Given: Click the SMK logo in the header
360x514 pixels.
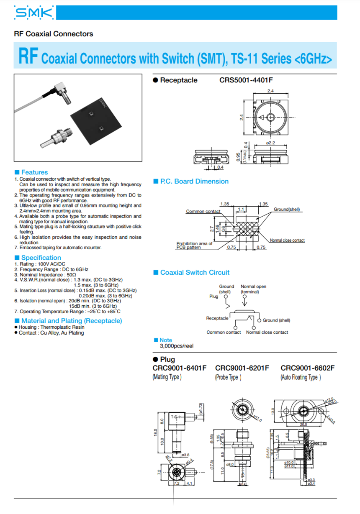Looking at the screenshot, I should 34,13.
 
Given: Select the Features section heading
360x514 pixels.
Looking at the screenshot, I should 34,172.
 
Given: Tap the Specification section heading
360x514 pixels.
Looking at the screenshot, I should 41,258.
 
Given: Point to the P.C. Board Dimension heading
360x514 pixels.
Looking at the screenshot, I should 194,182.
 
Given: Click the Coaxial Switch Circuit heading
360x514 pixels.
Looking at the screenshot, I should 195,273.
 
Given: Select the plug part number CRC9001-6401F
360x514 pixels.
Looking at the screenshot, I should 180,368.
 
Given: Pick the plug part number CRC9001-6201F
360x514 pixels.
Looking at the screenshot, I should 242,368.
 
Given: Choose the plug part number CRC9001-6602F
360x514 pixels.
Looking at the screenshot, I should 308,368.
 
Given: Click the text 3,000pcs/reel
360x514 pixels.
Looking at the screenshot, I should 177,346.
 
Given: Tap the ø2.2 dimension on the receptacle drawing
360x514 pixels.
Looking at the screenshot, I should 270,143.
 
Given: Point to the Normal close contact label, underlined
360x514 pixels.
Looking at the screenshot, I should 287,240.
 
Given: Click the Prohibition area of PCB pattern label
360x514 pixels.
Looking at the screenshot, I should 194,245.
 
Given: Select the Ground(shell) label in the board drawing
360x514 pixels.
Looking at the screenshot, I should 287,209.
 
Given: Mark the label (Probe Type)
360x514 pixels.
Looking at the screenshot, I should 228,377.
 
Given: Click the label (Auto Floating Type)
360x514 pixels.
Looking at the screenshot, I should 301,377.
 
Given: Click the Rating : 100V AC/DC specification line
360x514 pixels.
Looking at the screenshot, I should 40,264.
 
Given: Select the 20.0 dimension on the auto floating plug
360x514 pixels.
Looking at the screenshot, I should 303,424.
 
